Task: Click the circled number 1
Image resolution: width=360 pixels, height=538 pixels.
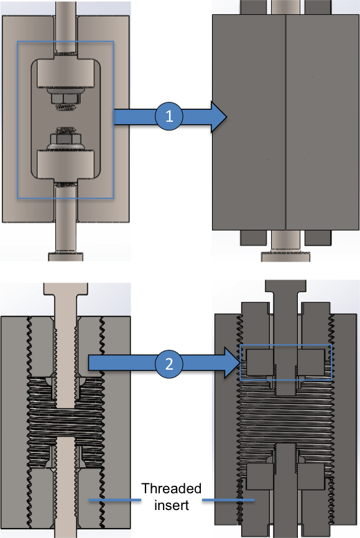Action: (x=168, y=116)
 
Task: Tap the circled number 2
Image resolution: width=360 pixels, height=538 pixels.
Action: (x=168, y=364)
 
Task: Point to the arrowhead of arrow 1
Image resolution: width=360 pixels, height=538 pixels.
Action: (x=218, y=116)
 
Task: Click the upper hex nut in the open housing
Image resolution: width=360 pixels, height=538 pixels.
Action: (x=65, y=98)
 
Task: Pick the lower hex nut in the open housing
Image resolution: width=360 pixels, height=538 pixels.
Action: (x=65, y=135)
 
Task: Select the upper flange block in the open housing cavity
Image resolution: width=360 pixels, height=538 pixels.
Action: (x=65, y=74)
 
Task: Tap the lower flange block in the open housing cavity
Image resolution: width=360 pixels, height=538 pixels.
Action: (x=65, y=163)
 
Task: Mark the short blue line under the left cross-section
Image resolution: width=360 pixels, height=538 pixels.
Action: (x=115, y=499)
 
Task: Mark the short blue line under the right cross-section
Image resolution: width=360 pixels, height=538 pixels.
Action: (x=228, y=499)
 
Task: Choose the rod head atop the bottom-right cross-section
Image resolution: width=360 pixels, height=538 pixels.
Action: (x=286, y=287)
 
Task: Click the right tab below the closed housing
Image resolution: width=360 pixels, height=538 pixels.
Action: (x=317, y=237)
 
